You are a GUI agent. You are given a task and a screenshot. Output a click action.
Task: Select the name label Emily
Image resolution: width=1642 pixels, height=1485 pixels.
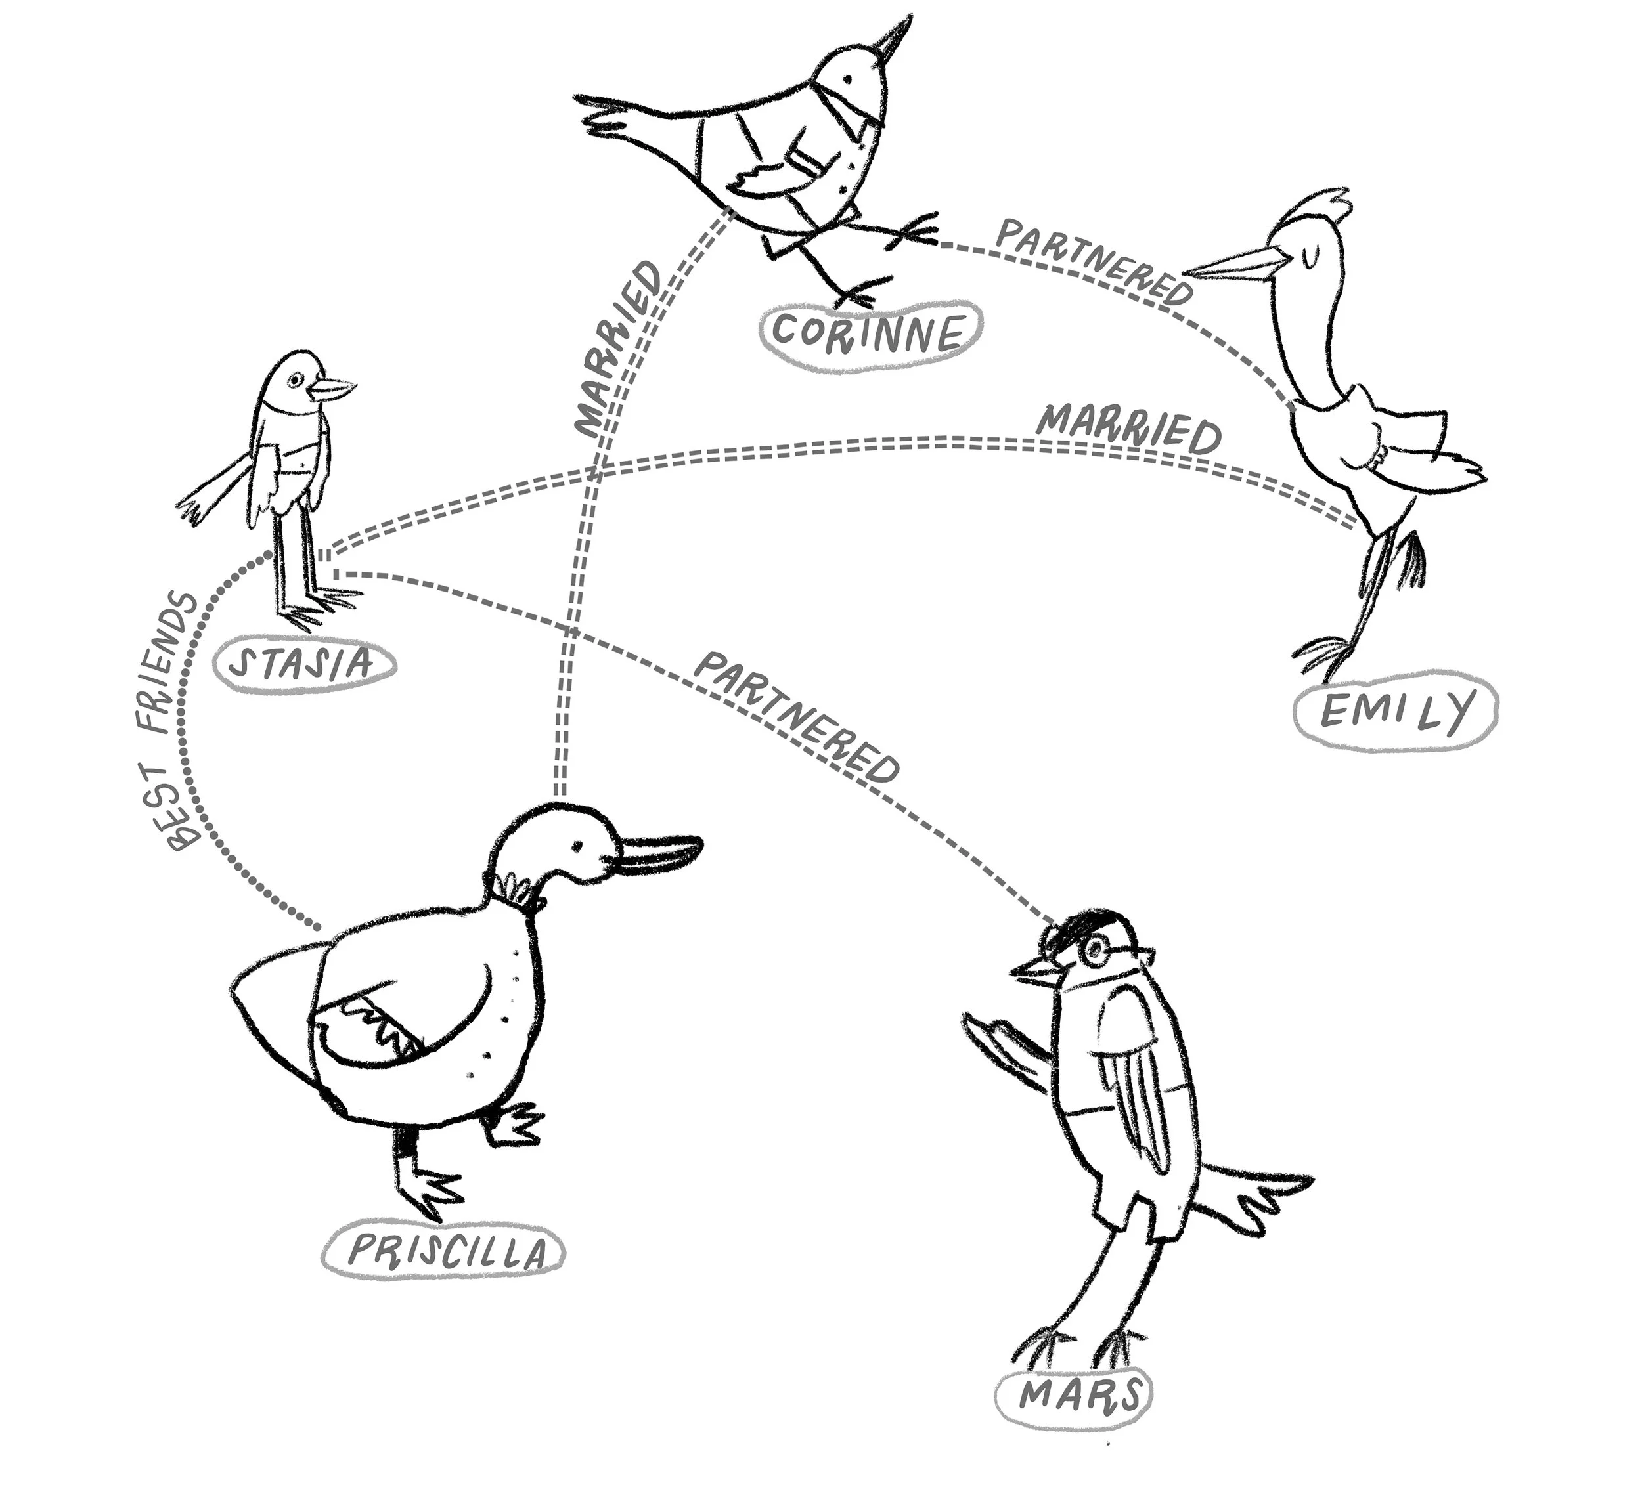(x=1395, y=711)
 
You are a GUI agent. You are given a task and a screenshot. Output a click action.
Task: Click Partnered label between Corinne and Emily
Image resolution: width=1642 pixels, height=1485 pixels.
(x=1094, y=261)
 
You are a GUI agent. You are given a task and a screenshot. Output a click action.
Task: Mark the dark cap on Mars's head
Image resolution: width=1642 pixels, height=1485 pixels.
(x=1075, y=926)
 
